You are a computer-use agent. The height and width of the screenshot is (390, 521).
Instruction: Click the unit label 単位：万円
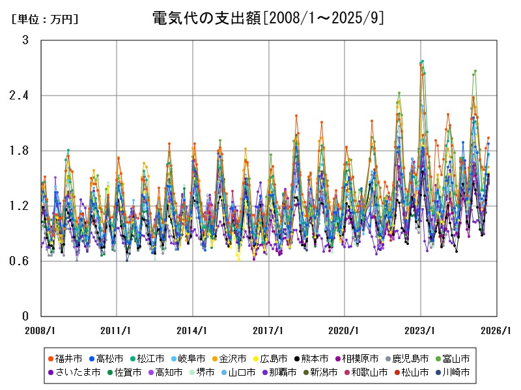pyautogui.click(x=45, y=19)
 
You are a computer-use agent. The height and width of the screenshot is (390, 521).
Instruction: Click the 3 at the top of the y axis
pyautogui.click(x=25, y=40)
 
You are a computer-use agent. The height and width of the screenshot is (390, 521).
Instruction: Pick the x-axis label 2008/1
pyautogui.click(x=41, y=330)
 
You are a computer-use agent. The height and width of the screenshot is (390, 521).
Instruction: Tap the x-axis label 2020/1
pyautogui.click(x=345, y=330)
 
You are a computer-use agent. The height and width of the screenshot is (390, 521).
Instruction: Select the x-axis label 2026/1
pyautogui.click(x=497, y=330)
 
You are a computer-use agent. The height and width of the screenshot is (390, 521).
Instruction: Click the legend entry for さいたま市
pyautogui.click(x=73, y=372)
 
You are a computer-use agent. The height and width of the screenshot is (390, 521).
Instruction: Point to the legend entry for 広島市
pyautogui.click(x=266, y=358)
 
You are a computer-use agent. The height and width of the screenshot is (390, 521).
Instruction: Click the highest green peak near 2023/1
pyautogui.click(x=423, y=61)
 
